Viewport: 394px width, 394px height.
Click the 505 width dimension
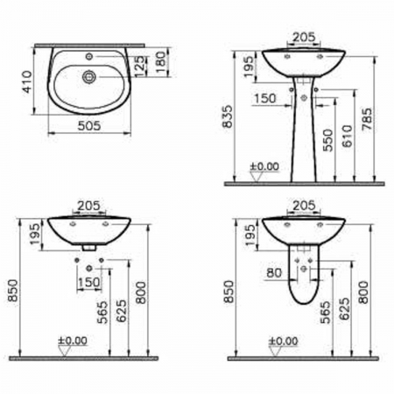click(89, 126)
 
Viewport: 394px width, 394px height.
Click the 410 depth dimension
click(28, 81)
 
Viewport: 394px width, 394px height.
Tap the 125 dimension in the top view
click(140, 67)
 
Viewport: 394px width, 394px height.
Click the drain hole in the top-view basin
click(89, 77)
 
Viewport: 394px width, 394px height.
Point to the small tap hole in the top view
click(89, 56)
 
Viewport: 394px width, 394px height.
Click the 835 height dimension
click(228, 116)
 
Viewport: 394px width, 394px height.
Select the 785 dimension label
click(367, 119)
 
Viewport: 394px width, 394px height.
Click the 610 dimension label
click(348, 136)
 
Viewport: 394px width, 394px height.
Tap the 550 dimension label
click(328, 140)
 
